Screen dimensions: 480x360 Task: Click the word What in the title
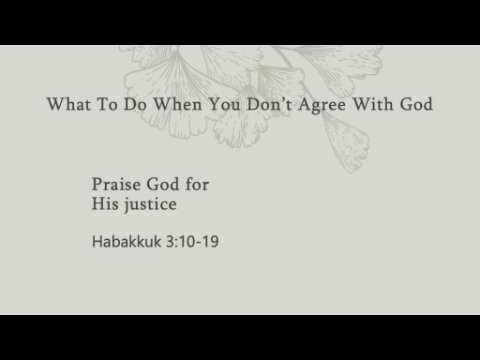pos(69,104)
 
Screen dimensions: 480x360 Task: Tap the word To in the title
pos(107,104)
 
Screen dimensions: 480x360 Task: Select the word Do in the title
pos(135,104)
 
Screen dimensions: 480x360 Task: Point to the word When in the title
pos(177,104)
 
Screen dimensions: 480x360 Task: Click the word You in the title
pos(224,104)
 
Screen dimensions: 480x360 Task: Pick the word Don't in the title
pos(269,104)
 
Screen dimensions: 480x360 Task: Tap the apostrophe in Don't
pos(282,99)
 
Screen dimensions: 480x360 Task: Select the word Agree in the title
pos(322,105)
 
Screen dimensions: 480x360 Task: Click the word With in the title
pos(373,104)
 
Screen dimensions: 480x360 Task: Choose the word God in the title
pos(416,104)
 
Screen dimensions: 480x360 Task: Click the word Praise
pos(116,184)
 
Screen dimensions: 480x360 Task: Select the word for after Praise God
pos(197,184)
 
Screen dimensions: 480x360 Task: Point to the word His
pos(105,204)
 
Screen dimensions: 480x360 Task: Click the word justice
pos(150,205)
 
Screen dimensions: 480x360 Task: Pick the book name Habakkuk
pos(127,241)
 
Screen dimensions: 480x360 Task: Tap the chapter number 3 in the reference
pos(170,242)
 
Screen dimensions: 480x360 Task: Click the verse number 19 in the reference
pos(210,242)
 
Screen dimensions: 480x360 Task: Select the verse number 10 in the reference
pos(186,242)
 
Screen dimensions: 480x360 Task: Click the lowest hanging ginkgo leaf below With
pos(347,142)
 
